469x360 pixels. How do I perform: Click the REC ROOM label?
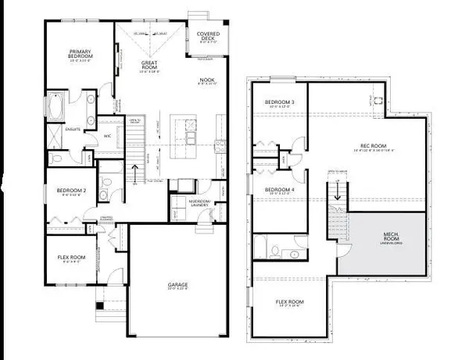point(369,145)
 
